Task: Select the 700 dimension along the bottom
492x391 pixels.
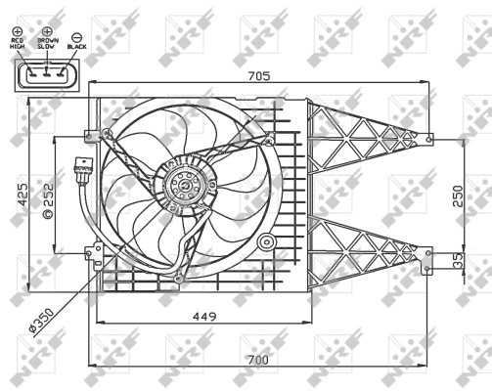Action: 258,361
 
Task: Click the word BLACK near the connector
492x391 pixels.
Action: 77,45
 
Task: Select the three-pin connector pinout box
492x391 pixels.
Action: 44,74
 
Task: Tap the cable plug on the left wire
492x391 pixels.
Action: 81,169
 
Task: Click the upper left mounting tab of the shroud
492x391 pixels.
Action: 93,134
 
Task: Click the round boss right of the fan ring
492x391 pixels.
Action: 261,242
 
